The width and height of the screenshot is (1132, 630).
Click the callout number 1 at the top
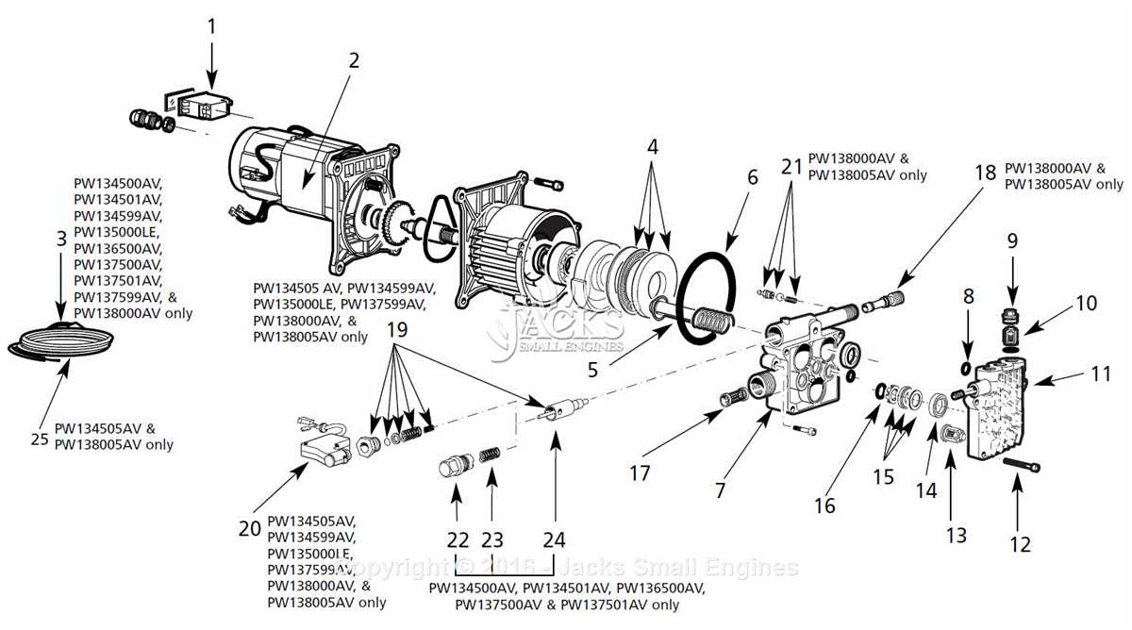[x=211, y=26]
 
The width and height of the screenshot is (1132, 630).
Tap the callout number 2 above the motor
[x=354, y=61]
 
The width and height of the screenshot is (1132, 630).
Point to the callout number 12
[x=1020, y=543]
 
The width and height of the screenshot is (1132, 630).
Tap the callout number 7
[x=720, y=490]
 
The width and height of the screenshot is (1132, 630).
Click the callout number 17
[x=641, y=472]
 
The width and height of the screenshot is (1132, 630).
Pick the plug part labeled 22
[x=455, y=469]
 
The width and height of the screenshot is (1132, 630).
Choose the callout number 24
[x=554, y=540]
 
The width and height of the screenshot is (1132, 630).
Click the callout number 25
[x=39, y=438]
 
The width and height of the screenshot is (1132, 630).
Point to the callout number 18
[x=985, y=172]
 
